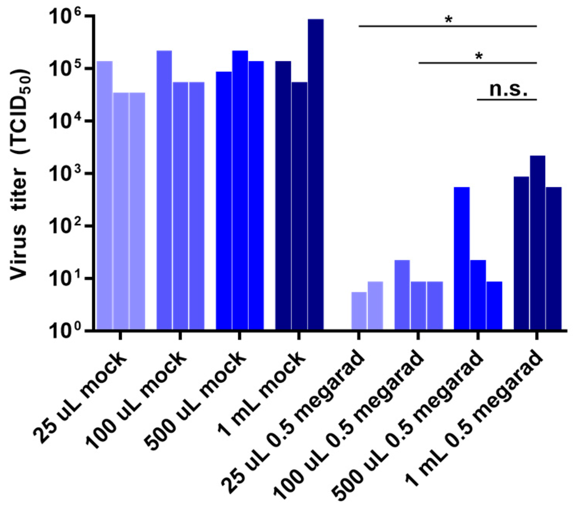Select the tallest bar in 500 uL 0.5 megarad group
point(462,259)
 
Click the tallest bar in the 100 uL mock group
point(164,190)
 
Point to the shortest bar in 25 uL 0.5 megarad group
point(359,311)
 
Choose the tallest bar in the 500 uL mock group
point(240,190)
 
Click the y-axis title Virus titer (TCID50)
point(22,175)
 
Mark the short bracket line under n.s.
point(507,100)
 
